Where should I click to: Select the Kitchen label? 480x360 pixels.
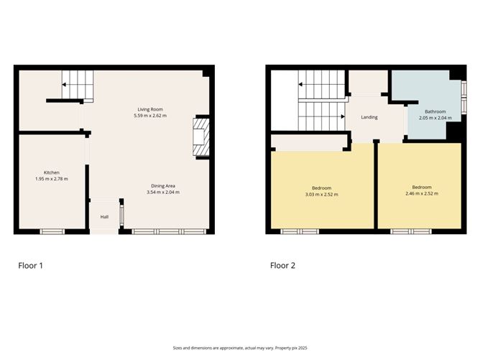[x=52, y=172]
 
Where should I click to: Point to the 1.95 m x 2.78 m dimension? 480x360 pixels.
[x=52, y=179]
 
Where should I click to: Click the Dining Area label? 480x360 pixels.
[x=161, y=186]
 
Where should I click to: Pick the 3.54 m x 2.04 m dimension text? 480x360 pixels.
[x=161, y=193]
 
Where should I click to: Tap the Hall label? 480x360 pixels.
[x=104, y=216]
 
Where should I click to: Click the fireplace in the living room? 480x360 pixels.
[x=200, y=137]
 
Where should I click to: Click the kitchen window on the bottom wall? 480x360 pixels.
[x=52, y=231]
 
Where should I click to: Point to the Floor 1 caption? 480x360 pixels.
[x=31, y=265]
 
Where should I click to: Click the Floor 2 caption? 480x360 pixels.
[x=282, y=265]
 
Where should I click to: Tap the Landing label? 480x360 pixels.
[x=369, y=117]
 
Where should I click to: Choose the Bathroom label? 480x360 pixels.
[x=435, y=111]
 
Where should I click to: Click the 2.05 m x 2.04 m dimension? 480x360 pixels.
[x=435, y=118]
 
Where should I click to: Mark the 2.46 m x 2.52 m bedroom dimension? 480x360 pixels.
[x=422, y=194]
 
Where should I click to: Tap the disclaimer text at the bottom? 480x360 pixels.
[x=240, y=347]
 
